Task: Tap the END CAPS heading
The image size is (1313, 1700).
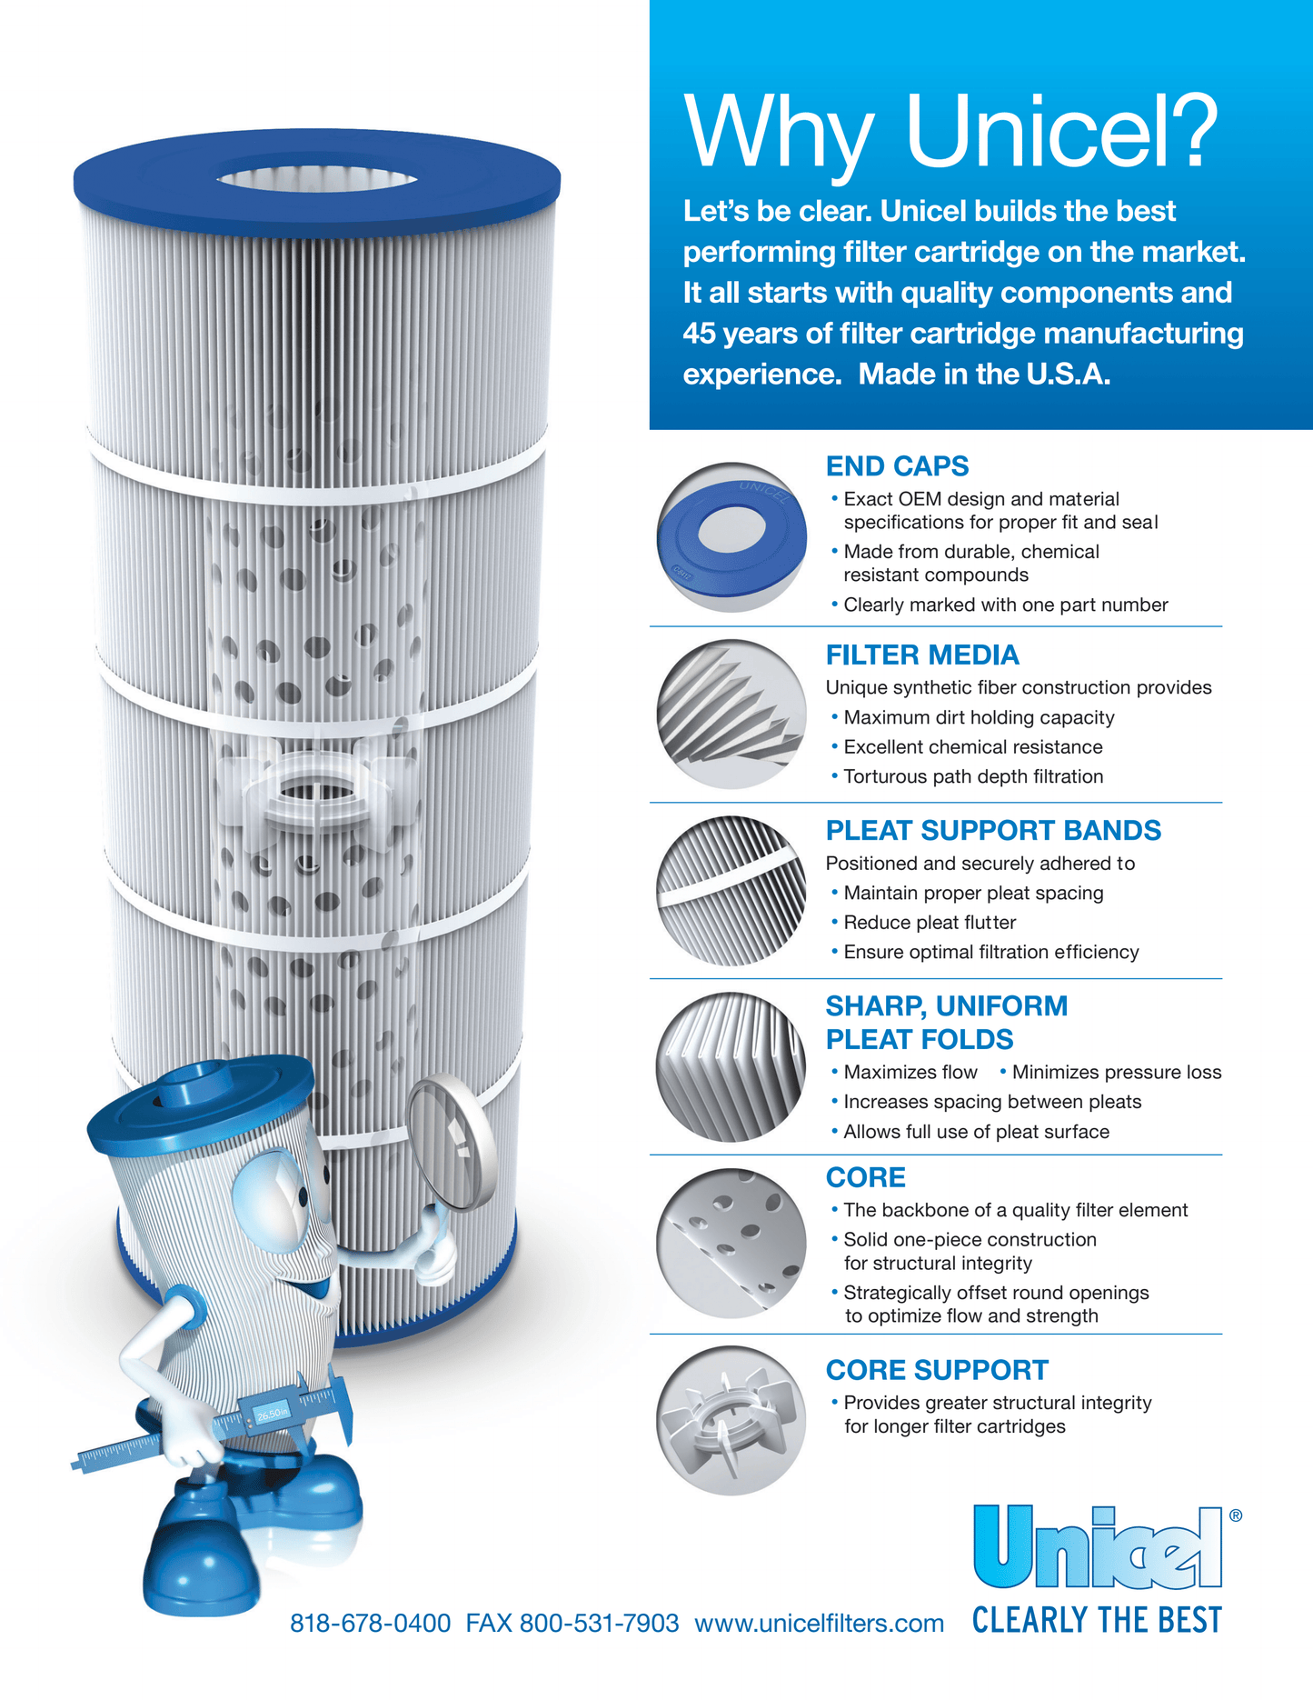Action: click(897, 466)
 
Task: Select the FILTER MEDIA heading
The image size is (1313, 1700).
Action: click(921, 655)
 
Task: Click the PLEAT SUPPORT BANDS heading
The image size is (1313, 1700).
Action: click(992, 830)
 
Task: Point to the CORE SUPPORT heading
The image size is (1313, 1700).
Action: click(936, 1370)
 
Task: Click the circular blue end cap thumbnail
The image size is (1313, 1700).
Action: click(731, 537)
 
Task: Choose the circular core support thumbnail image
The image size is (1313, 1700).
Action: click(731, 1420)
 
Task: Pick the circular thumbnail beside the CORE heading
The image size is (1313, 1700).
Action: click(731, 1243)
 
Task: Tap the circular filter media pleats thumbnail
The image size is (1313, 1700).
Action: click(731, 714)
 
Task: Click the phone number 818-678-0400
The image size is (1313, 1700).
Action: click(370, 1623)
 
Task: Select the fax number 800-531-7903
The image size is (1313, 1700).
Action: click(598, 1623)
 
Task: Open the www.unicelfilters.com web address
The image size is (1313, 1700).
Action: click(819, 1623)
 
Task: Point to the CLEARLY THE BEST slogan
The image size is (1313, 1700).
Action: click(1097, 1620)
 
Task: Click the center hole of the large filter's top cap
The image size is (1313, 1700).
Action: click(317, 178)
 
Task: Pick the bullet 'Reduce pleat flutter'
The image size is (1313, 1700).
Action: click(929, 923)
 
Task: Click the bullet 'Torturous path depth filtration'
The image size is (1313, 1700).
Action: click(972, 776)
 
